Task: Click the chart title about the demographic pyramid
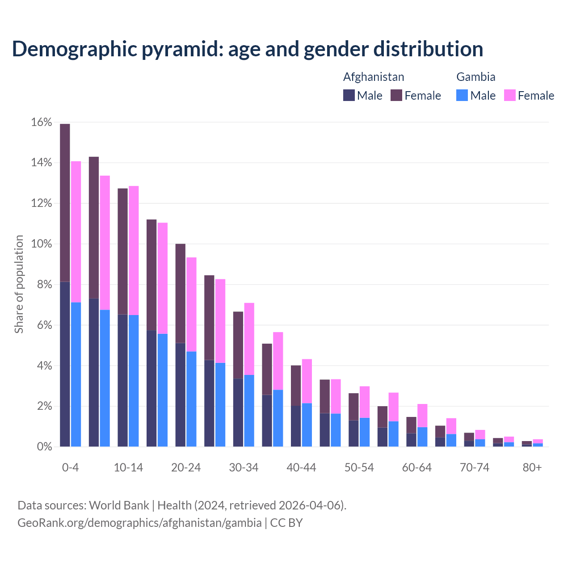[247, 49]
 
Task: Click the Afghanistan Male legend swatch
[349, 95]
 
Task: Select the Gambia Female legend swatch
[509, 95]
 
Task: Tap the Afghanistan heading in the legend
[373, 77]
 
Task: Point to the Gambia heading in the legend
[475, 77]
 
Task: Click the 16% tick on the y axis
[42, 122]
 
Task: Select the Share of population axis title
[19, 284]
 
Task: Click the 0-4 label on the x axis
[70, 467]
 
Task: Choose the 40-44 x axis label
[301, 467]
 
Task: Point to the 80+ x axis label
[532, 467]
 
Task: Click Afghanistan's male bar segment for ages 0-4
[65, 364]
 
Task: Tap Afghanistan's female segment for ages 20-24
[180, 293]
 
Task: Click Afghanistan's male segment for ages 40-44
[296, 426]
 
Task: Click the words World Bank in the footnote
[119, 505]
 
